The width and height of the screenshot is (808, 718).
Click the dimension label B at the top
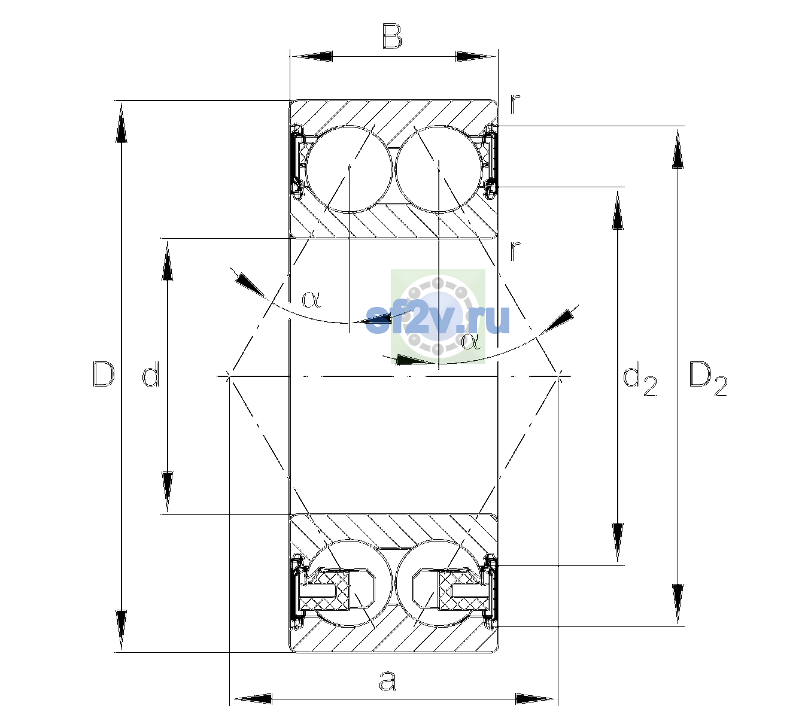click(392, 36)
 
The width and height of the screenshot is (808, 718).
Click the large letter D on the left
click(104, 374)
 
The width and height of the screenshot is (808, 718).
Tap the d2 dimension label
click(639, 378)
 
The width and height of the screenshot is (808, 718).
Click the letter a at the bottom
click(387, 680)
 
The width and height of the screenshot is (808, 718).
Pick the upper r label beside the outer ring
click(515, 105)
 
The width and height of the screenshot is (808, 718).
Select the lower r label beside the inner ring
click(515, 251)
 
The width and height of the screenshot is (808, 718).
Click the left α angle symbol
click(311, 299)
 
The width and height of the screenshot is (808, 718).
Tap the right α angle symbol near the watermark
click(470, 341)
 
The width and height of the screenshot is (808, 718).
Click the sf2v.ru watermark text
click(438, 318)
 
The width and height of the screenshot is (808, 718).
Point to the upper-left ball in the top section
click(350, 169)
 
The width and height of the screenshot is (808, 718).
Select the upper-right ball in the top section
click(439, 169)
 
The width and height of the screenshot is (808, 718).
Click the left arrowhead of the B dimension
click(311, 57)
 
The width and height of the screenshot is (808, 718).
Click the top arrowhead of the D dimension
click(121, 121)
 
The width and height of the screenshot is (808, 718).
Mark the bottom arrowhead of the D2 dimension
click(678, 604)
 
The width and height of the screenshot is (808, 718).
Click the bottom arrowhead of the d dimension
click(167, 492)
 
